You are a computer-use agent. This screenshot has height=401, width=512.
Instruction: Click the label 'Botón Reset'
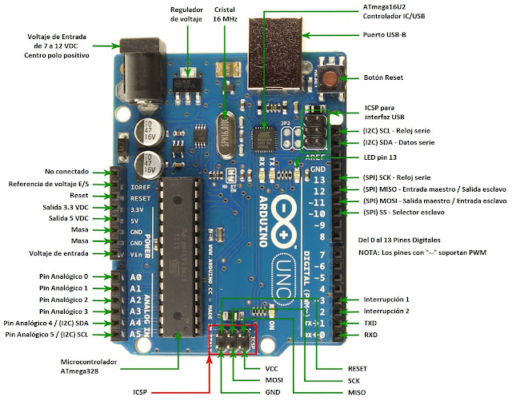tap(383, 77)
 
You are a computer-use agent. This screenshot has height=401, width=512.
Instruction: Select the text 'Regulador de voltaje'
tap(186, 14)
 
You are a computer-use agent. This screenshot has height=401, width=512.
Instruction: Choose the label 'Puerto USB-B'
tap(383, 34)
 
